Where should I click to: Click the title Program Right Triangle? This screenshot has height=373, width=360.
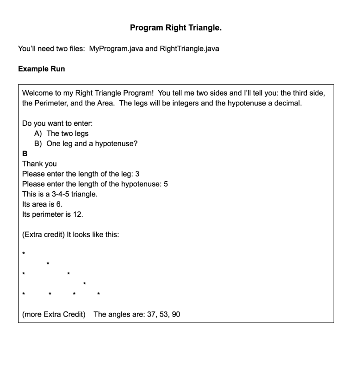tap(175, 28)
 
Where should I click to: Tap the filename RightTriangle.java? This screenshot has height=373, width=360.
tap(189, 49)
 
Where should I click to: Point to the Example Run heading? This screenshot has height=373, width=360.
tap(42, 69)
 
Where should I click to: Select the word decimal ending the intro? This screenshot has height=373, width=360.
tap(287, 103)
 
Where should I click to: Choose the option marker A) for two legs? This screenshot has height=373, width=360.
tap(38, 134)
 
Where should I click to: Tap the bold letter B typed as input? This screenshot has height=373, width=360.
tap(25, 154)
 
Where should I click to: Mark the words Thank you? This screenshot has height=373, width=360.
tap(39, 164)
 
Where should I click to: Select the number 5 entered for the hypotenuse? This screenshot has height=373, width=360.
tap(166, 184)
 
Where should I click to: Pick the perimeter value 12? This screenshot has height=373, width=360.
tap(78, 214)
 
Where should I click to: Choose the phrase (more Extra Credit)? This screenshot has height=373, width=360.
tap(54, 315)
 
